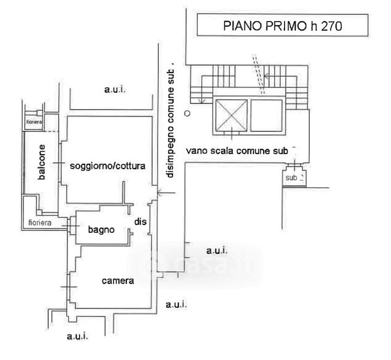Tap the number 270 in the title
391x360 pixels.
click(338, 26)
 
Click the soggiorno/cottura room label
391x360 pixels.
click(108, 166)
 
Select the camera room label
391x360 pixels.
click(117, 280)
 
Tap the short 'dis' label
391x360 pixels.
click(140, 222)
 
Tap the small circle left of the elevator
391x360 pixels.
click(187, 113)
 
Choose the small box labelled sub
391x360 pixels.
click(293, 178)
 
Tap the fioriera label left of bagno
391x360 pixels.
click(41, 223)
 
